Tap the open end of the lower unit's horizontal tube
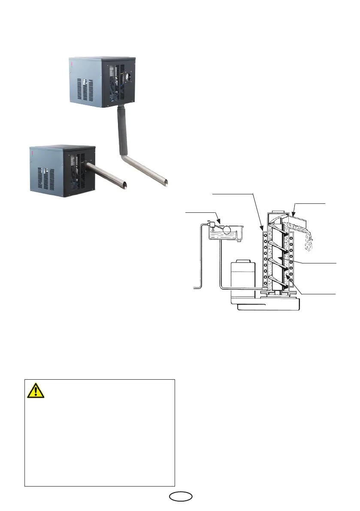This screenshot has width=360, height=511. coord(124,185)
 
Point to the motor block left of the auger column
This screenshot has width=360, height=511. coord(243,277)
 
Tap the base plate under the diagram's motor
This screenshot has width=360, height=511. coord(265,305)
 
